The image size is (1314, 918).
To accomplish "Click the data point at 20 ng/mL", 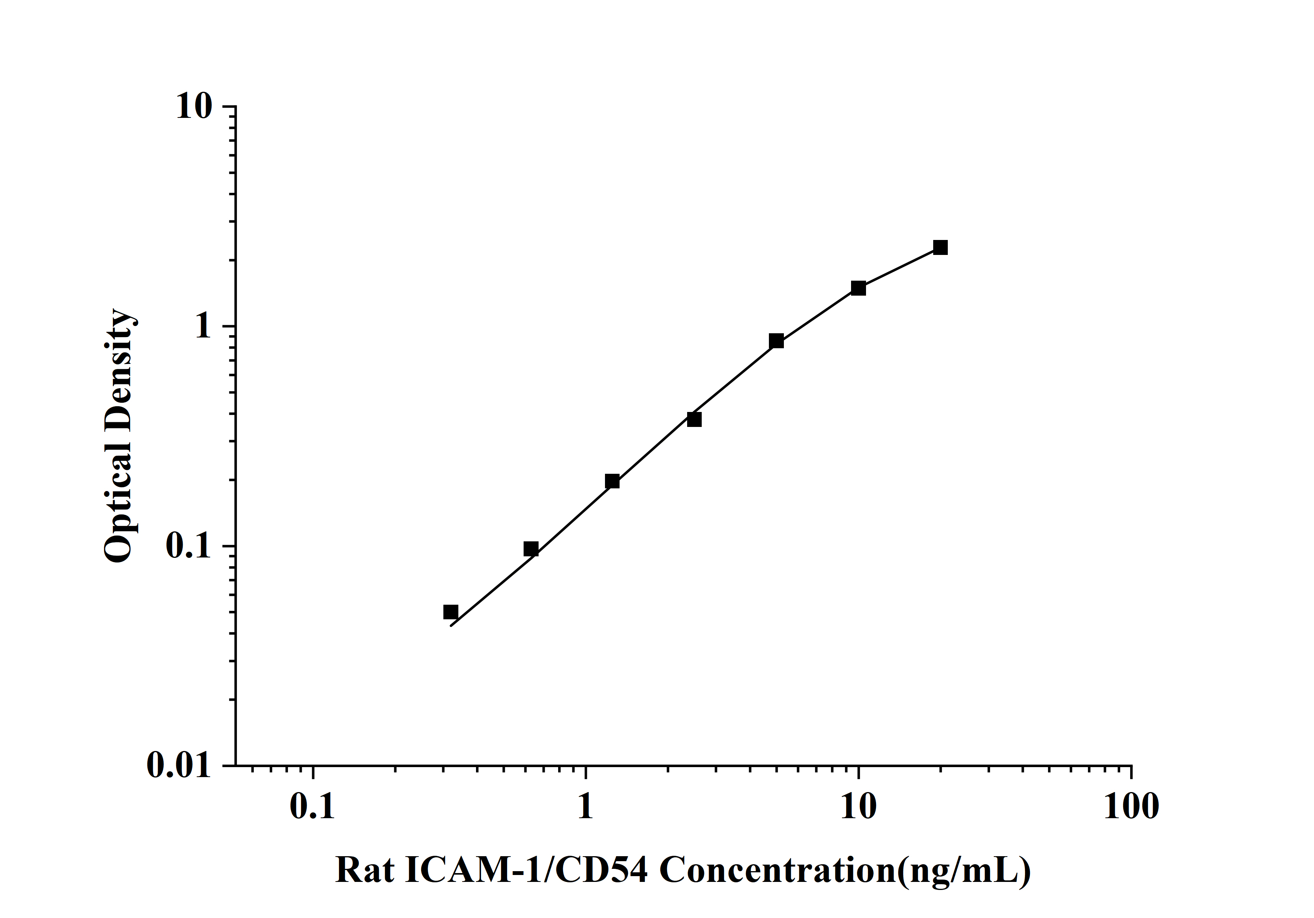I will [940, 247].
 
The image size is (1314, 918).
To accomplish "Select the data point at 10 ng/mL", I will [858, 288].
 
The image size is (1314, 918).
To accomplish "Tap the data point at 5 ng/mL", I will [776, 341].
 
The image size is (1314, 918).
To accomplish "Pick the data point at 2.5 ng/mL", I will [694, 420].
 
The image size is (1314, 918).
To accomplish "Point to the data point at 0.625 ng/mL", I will [531, 549].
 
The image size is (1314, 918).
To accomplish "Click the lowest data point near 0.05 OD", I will [451, 612].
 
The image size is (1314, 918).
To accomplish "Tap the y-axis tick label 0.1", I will [188, 547].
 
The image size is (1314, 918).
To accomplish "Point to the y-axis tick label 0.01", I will [179, 765].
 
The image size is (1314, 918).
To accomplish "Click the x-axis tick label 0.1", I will [312, 807].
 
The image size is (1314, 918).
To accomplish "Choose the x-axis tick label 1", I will [585, 807].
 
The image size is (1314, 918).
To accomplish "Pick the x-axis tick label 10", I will [858, 807].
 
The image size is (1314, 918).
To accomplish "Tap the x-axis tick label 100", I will [1131, 807].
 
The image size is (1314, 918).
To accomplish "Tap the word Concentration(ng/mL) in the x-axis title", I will [845, 872].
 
